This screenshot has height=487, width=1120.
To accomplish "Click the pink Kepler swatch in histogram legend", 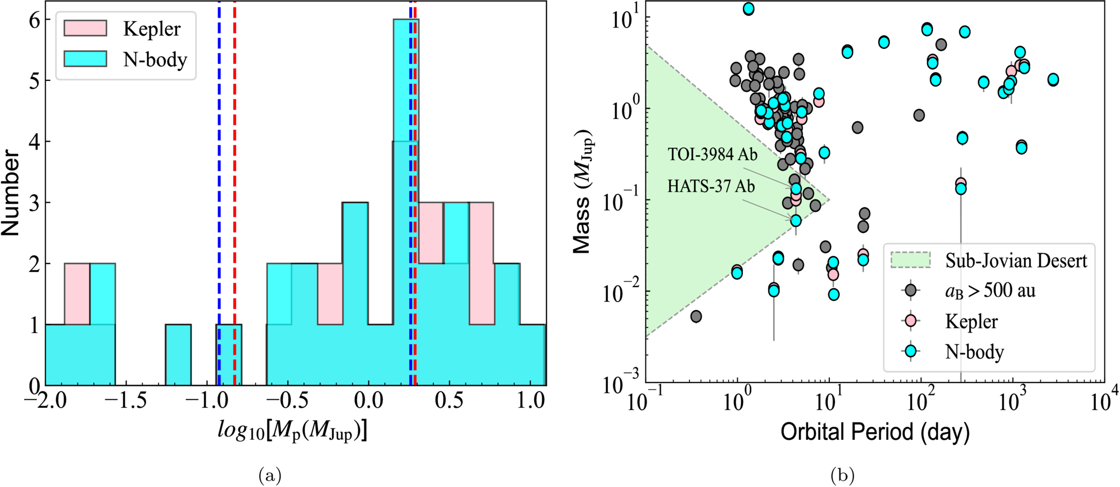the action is [x=85, y=28].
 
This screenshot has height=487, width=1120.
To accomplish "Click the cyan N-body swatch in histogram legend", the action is [x=85, y=58].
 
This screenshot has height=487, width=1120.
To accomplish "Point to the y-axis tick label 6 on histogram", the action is [x=35, y=20].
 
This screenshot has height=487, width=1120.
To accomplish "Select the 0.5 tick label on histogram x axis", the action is [x=449, y=400].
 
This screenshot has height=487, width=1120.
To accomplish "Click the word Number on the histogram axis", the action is [x=11, y=193].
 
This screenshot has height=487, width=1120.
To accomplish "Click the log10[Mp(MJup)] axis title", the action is [x=292, y=431].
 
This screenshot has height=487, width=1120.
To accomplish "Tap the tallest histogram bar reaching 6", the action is [x=406, y=202].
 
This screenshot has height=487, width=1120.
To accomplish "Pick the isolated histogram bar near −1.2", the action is [x=178, y=355].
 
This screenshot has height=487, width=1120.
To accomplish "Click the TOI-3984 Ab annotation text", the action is [x=712, y=154].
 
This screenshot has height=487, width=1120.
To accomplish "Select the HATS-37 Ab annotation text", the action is [x=711, y=186].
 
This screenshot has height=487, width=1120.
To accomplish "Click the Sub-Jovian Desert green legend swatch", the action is [x=910, y=260].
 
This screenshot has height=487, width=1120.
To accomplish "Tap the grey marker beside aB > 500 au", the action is [x=910, y=290].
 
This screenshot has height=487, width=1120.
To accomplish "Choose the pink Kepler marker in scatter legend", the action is [x=910, y=321].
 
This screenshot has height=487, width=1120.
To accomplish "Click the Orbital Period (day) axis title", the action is [x=875, y=431].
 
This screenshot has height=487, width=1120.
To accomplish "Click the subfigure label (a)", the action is [x=270, y=476].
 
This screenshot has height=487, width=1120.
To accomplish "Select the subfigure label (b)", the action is [x=842, y=476].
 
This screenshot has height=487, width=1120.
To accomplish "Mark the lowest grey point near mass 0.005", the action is [x=696, y=316].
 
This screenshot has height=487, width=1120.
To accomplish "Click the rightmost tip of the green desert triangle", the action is [x=829, y=200].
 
